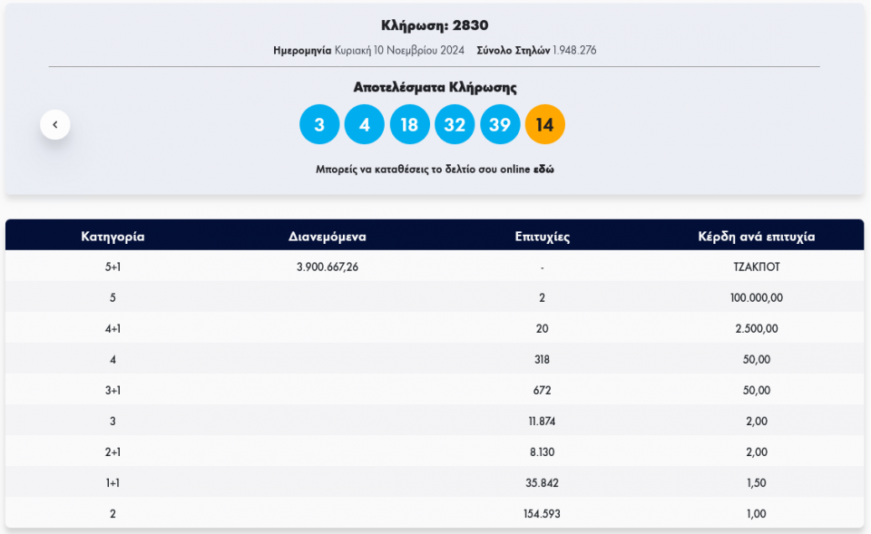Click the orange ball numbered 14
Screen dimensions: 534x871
tap(544, 125)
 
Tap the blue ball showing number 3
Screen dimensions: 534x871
tap(319, 125)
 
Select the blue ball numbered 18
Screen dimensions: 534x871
tap(409, 125)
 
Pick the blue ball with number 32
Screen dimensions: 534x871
tap(455, 125)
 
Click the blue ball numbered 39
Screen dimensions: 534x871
tap(500, 125)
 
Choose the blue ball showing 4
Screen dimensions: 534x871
tap(365, 125)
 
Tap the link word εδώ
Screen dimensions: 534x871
tap(543, 170)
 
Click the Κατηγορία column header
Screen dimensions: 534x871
tap(113, 237)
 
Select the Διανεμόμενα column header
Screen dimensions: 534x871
tap(328, 237)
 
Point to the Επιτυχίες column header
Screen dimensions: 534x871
tap(542, 237)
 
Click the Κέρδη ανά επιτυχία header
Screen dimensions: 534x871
tap(756, 237)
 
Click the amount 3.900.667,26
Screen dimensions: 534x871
tap(328, 267)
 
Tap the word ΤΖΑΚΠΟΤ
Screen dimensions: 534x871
tap(756, 267)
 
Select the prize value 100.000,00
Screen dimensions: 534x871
tap(756, 297)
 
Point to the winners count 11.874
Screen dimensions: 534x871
tap(542, 421)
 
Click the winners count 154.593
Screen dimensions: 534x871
tap(542, 514)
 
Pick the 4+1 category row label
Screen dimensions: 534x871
tap(113, 328)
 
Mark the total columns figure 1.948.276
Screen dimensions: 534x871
tap(575, 51)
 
